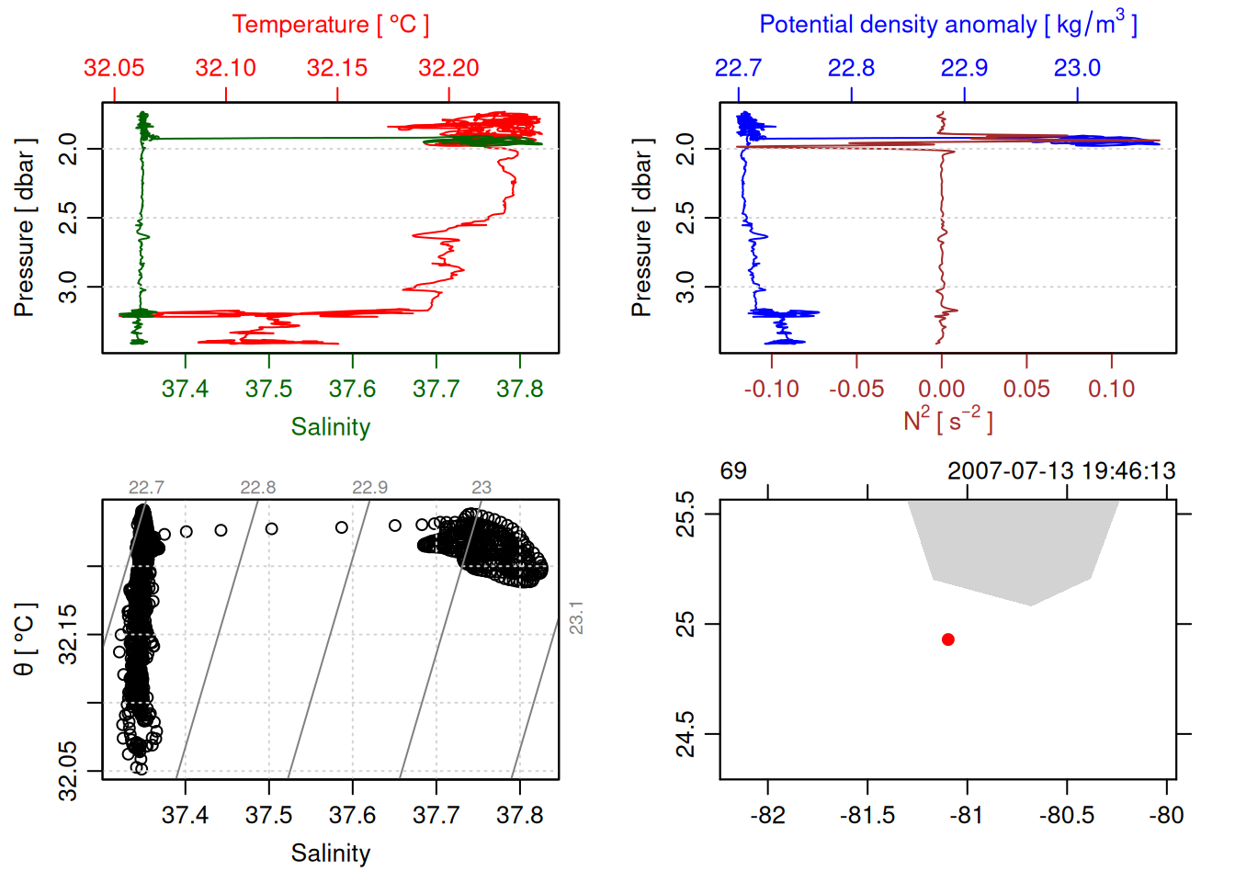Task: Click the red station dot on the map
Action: pos(947,639)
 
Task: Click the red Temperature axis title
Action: pos(330,25)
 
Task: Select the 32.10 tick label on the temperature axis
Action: pos(225,68)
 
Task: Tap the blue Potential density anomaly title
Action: pos(947,25)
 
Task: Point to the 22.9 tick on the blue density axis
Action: pos(964,68)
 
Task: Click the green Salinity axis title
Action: pos(330,427)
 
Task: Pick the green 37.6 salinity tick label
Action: pos(352,390)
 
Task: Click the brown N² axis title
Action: pos(947,421)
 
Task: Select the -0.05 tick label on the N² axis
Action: pos(856,390)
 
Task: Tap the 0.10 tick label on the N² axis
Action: pos(1111,390)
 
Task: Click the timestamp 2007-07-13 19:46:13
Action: pos(1061,471)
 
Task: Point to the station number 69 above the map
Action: pos(733,471)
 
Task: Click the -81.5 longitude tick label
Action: pos(867,816)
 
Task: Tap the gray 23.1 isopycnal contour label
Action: pos(576,617)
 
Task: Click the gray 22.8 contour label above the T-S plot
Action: pos(258,487)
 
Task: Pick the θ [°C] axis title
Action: pos(25,639)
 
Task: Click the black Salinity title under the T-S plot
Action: pos(330,854)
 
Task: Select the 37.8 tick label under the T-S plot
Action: pos(519,816)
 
